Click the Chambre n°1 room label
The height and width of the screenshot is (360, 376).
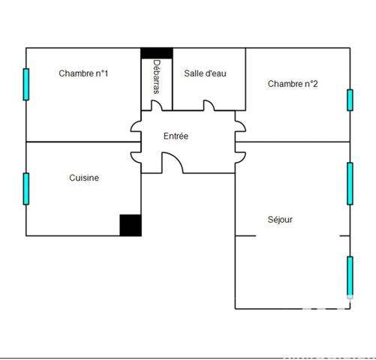pos(83,73)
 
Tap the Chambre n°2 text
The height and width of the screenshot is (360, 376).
pos(293,84)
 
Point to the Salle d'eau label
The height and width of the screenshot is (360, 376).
pos(205,73)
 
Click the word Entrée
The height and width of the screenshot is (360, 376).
pos(176,136)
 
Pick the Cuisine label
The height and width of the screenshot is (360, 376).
pos(84,178)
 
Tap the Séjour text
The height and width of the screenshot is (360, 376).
pos(280,220)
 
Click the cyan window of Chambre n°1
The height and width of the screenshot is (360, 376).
pos(26,84)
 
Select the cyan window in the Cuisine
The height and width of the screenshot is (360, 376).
pos(26,188)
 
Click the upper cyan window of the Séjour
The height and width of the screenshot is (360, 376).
pos(350,183)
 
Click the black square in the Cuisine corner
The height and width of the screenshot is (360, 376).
pos(131,225)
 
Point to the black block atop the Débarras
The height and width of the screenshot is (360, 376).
pos(157,53)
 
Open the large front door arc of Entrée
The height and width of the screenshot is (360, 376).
pos(172,163)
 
